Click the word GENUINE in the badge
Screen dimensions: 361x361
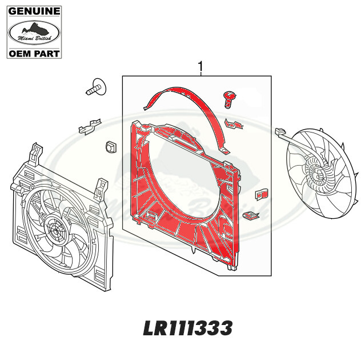point(33,10)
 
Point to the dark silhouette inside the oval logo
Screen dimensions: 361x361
point(33,29)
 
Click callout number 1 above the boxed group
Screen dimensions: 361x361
point(200,67)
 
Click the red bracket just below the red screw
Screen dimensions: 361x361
point(232,123)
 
